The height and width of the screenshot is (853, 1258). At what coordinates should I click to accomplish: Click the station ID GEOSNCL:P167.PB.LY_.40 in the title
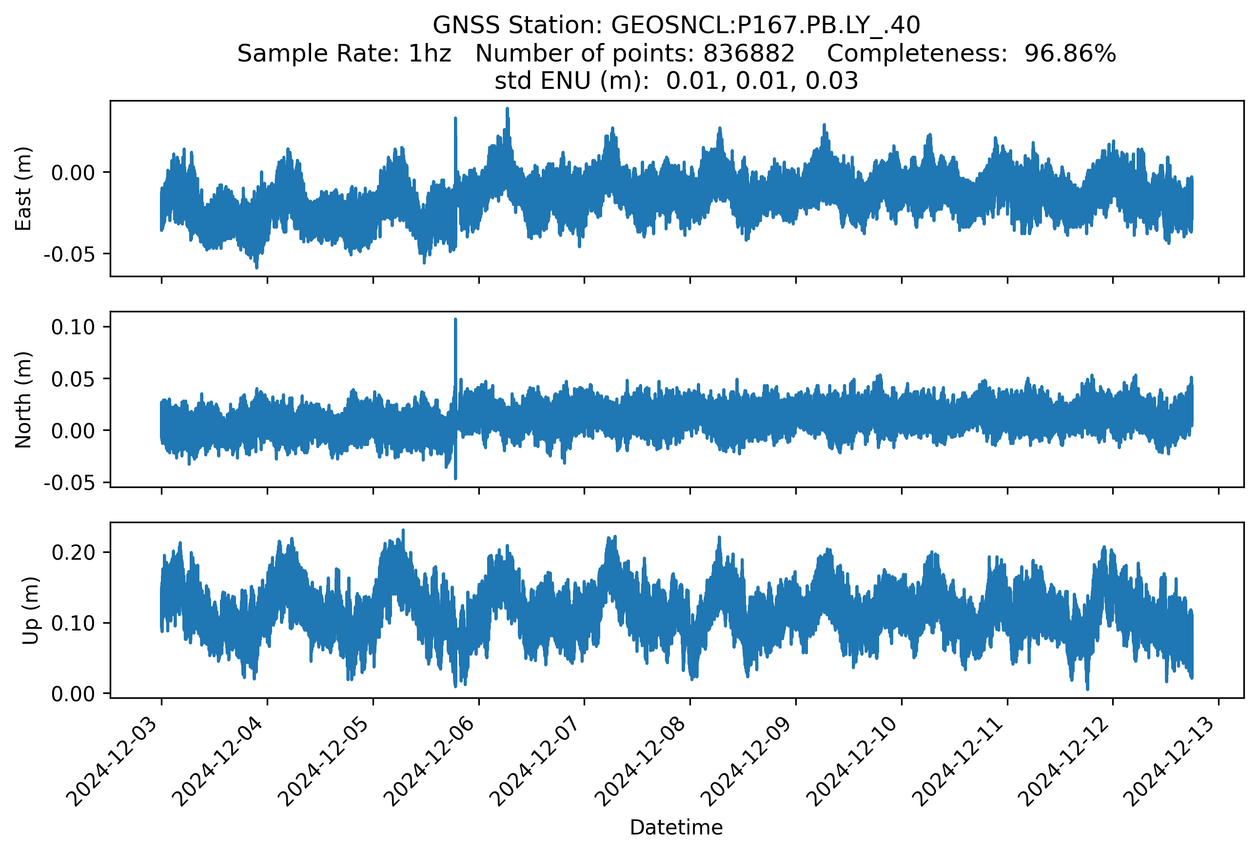[x=766, y=25]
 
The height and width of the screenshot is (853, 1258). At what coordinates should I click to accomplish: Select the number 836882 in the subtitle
[x=748, y=54]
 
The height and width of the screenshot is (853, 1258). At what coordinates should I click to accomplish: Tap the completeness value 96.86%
[x=1070, y=54]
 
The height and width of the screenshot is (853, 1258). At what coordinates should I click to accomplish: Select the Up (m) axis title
[x=30, y=610]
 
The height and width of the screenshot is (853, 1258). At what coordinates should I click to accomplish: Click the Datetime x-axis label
[x=676, y=828]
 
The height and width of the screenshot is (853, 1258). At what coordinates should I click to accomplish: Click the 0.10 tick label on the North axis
[x=73, y=327]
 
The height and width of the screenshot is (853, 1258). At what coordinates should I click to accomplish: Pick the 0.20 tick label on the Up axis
[x=73, y=552]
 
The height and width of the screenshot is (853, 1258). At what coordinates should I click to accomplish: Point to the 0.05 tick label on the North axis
[x=73, y=379]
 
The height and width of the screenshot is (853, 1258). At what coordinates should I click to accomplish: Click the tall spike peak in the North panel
[x=455, y=320]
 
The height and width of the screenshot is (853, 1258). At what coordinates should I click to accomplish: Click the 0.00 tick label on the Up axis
[x=73, y=694]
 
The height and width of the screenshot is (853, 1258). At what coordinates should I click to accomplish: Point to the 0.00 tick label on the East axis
[x=73, y=173]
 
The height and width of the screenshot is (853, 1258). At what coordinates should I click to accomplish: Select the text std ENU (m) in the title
[x=571, y=81]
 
